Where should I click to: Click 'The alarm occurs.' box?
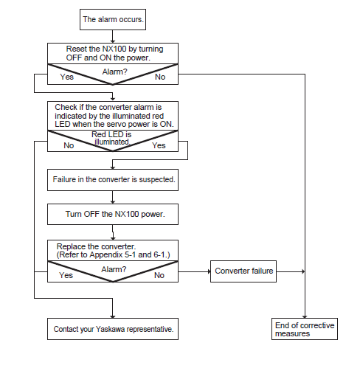click(113, 20)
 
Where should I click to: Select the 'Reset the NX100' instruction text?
click(114, 53)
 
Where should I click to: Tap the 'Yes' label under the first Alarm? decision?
click(67, 77)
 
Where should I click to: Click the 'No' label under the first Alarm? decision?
click(160, 77)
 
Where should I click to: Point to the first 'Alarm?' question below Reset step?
click(115, 72)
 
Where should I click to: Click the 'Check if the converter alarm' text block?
click(114, 116)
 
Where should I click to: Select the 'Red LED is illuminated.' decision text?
click(111, 138)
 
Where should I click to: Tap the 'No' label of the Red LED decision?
click(69, 145)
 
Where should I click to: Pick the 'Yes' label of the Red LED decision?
click(159, 145)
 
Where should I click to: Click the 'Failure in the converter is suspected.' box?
click(113, 180)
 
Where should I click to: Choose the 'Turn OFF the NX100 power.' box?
click(113, 214)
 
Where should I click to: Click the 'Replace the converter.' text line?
click(96, 246)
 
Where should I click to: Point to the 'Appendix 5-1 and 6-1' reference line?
click(113, 254)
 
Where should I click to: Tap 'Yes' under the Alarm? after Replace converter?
click(66, 275)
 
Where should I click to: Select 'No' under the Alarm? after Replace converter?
click(159, 275)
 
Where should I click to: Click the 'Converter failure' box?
click(243, 271)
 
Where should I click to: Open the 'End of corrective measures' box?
click(305, 329)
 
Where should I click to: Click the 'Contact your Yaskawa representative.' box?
click(113, 329)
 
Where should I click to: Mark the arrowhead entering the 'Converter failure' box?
click(210, 271)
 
